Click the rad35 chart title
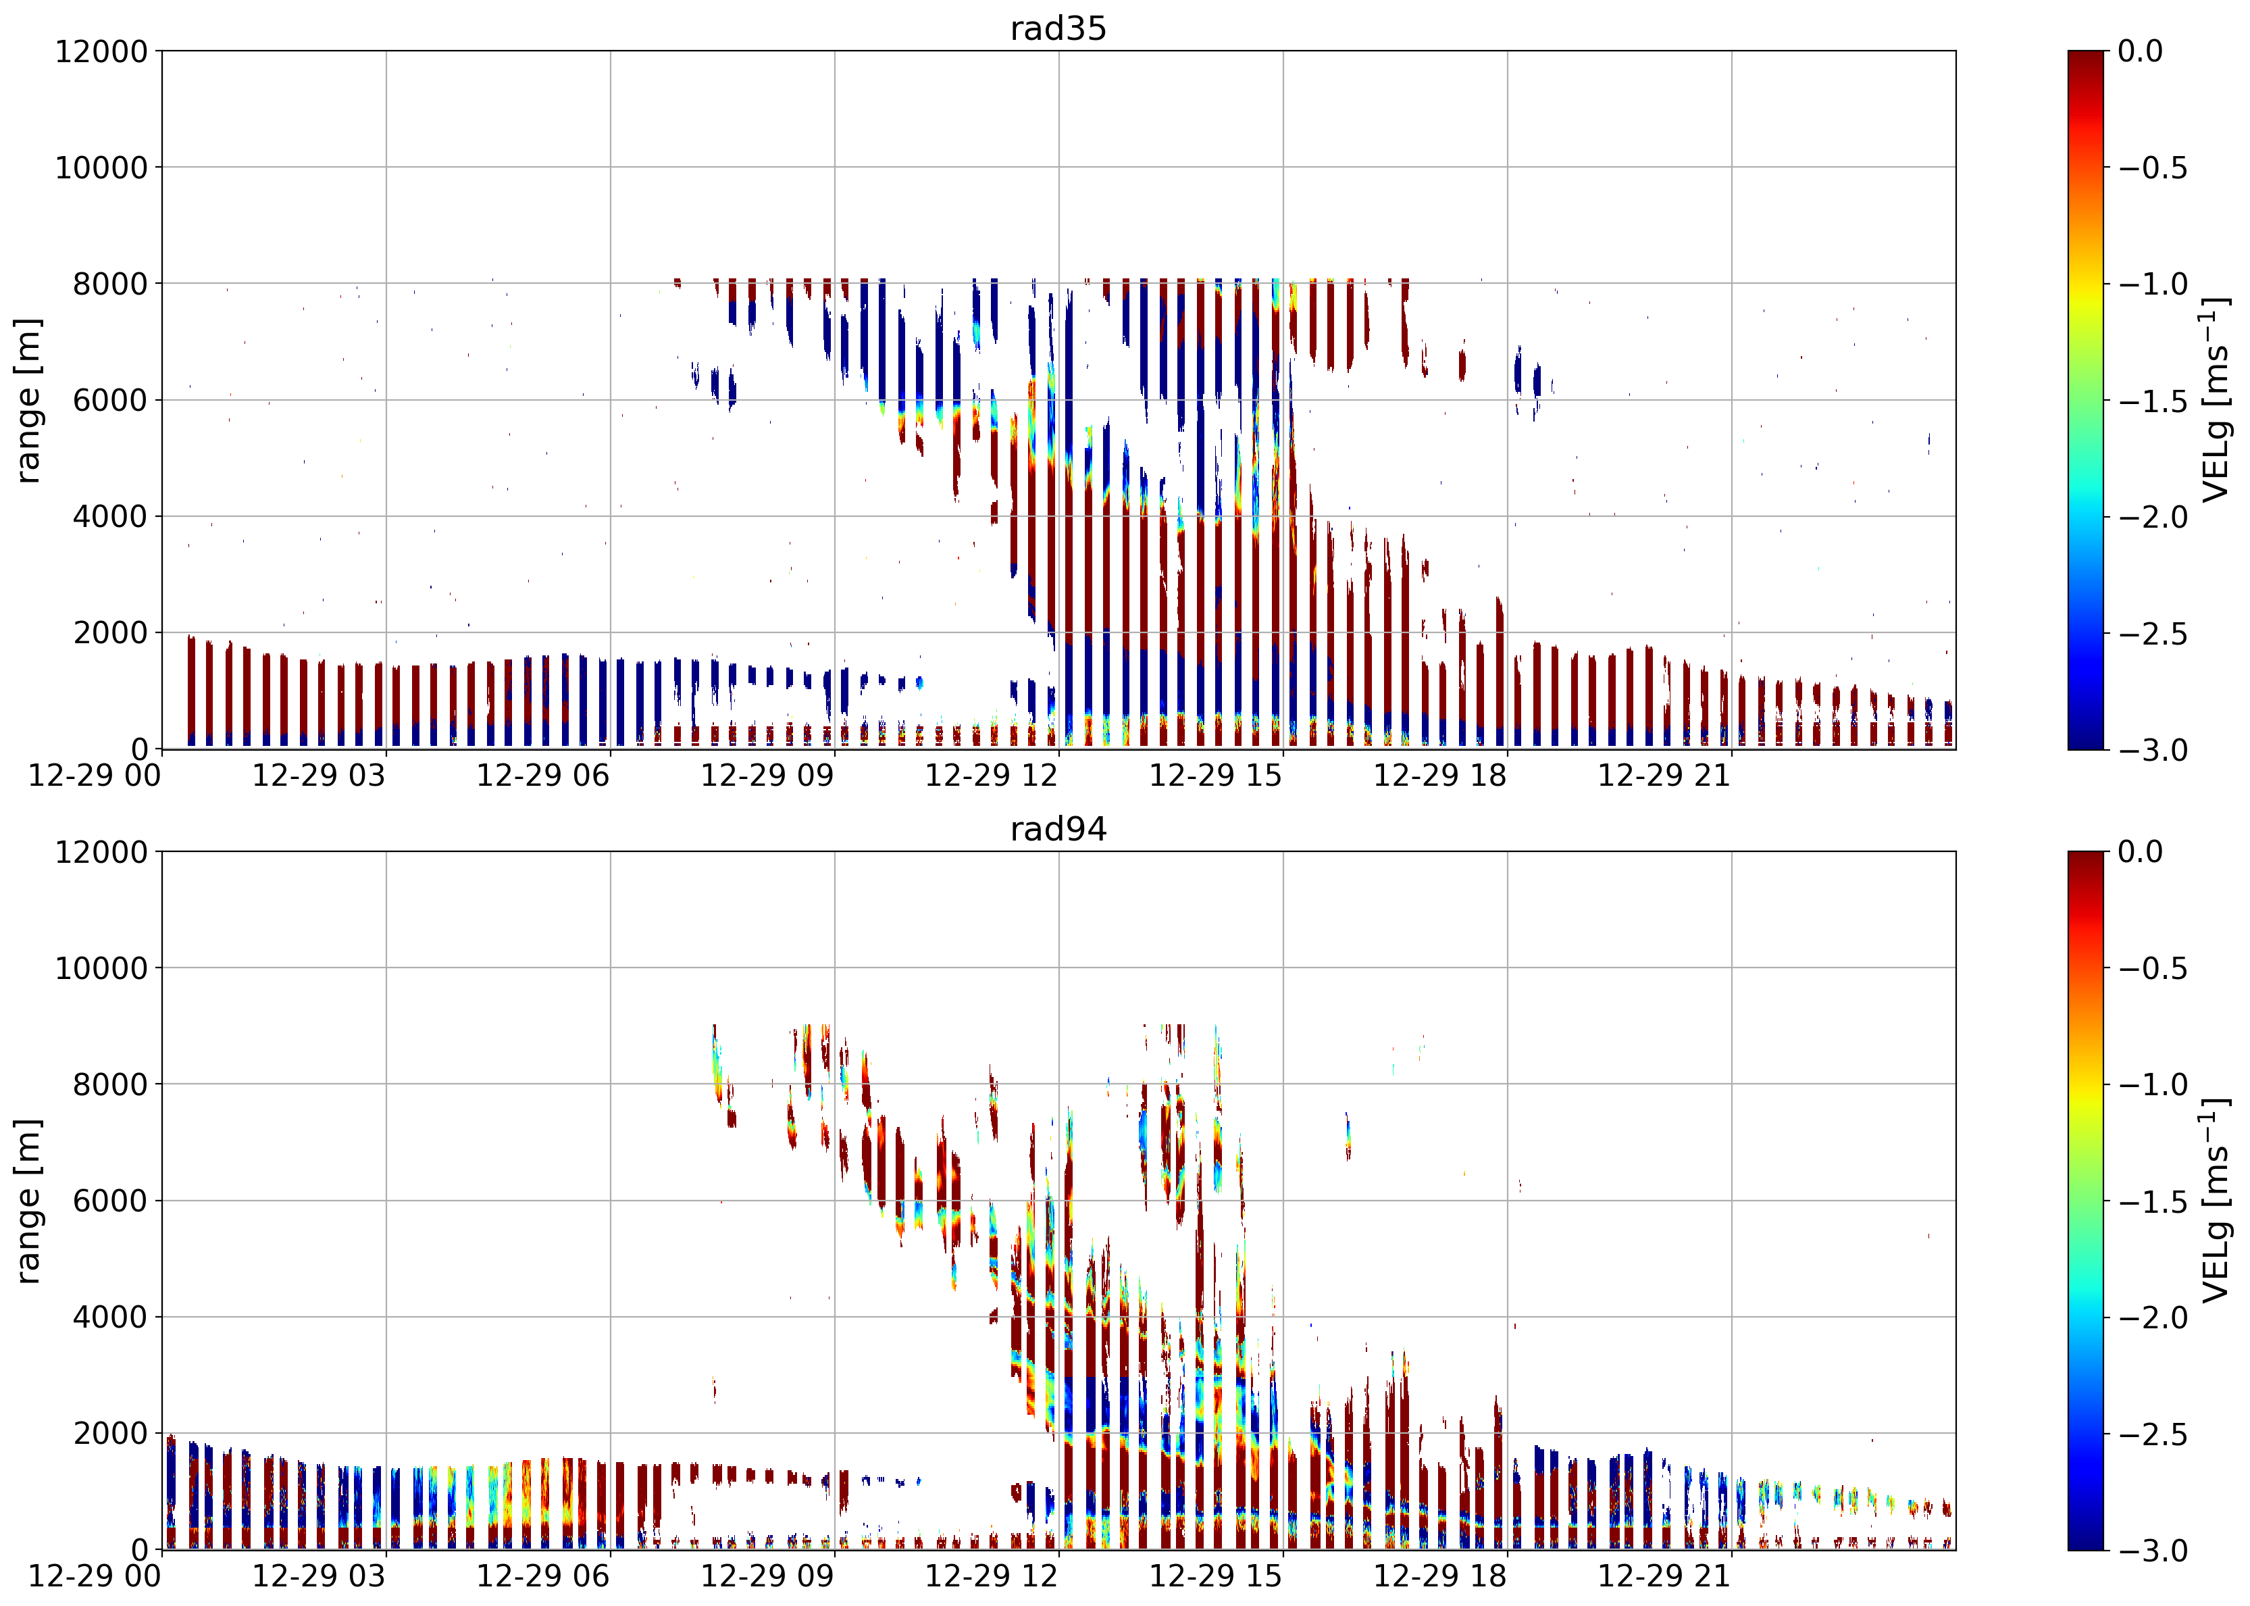[x=1058, y=28]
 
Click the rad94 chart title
[x=1058, y=829]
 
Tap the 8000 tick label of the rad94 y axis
[x=111, y=1084]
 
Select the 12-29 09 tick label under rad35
[x=767, y=776]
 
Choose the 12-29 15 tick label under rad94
[x=1216, y=1576]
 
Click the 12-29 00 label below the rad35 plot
[x=95, y=776]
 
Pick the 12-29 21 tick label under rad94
[x=1665, y=1576]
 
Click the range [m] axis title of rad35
[x=28, y=401]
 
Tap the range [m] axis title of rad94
[x=28, y=1201]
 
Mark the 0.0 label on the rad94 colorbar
[x=2141, y=851]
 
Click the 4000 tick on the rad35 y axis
[x=111, y=516]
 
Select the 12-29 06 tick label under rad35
[x=542, y=776]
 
